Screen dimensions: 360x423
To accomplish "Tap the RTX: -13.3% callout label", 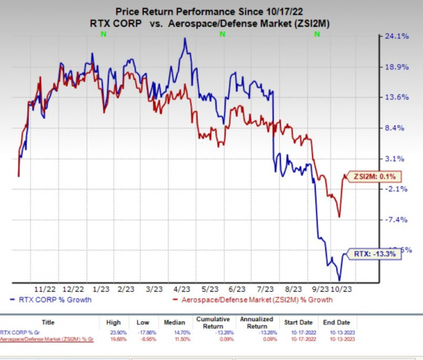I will tap(370, 254).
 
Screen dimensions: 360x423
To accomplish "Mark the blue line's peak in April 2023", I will tap(184, 38).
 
